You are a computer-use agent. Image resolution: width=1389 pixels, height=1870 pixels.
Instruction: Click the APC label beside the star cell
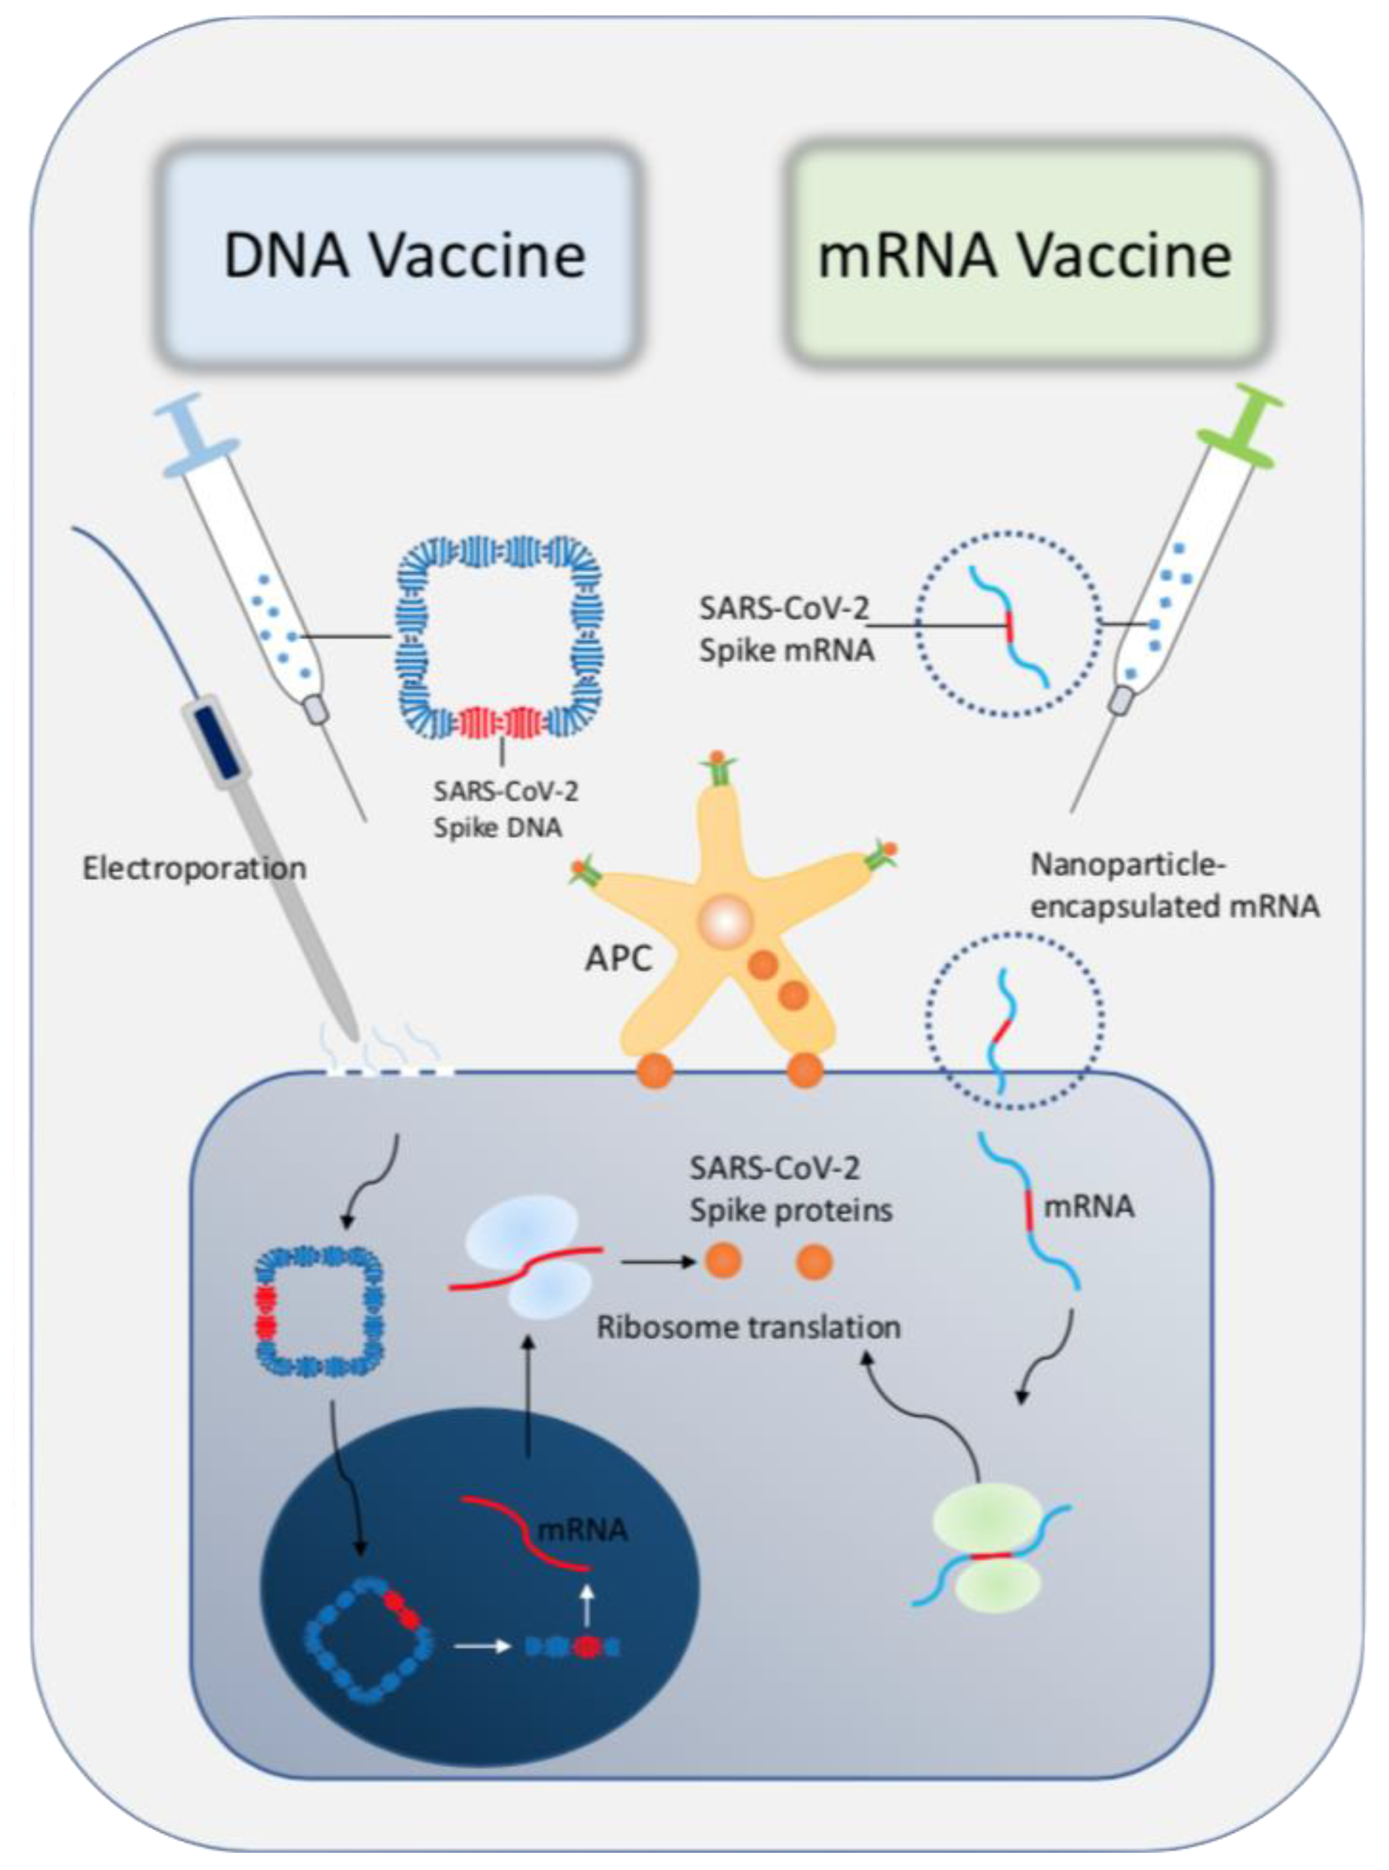[619, 958]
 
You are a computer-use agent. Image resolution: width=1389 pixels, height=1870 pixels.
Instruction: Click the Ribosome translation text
[748, 1327]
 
